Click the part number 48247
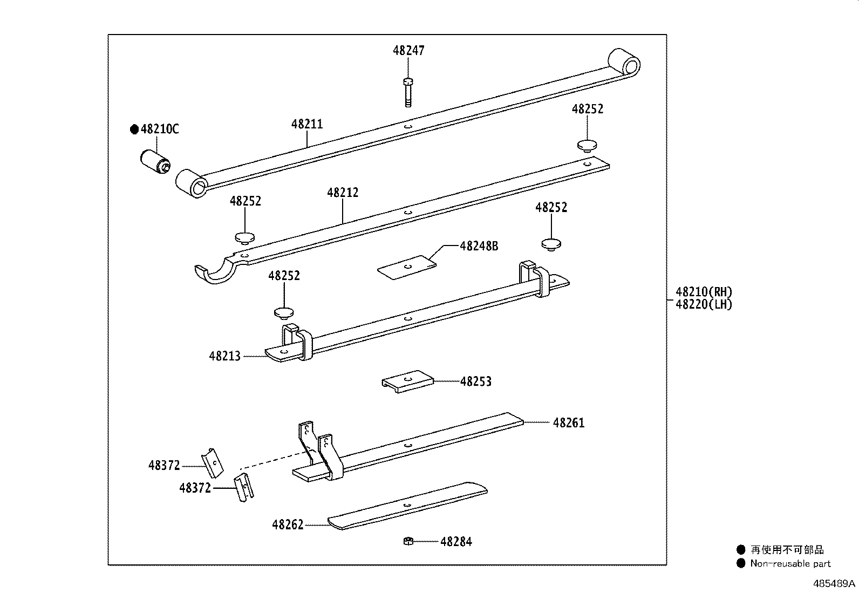[x=408, y=51]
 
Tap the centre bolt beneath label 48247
[x=408, y=92]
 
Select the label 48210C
[x=160, y=129]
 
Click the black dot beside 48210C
[x=134, y=129]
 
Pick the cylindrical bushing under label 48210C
[x=154, y=162]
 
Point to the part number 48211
[x=307, y=124]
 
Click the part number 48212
[x=343, y=192]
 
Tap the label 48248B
[x=479, y=246]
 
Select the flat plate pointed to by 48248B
[x=407, y=267]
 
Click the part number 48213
[x=224, y=356]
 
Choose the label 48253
[x=475, y=381]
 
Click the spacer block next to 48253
[x=407, y=381]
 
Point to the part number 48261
[x=569, y=422]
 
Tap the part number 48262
[x=288, y=524]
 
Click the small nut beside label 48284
[x=408, y=541]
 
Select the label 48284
[x=456, y=542]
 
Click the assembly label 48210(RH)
[x=704, y=292]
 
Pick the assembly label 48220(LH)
[x=704, y=304]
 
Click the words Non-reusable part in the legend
[x=790, y=563]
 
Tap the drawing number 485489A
[x=834, y=583]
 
